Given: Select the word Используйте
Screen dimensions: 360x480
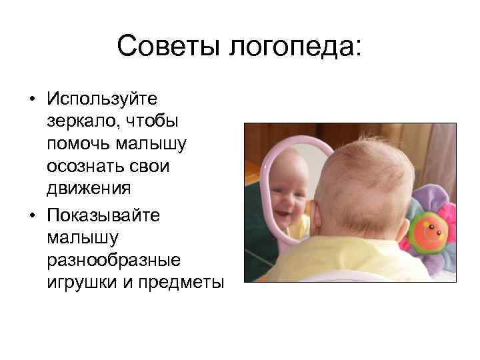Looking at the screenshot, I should tap(101, 99).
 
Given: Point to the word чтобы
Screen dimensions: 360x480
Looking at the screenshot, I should tap(157, 122).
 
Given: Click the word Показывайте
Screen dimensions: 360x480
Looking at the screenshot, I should tap(107, 215).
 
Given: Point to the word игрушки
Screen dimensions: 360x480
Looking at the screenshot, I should tap(82, 283).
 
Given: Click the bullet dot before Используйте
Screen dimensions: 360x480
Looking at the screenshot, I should tap(32, 100).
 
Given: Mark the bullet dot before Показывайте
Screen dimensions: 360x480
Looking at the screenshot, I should tap(32, 215).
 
